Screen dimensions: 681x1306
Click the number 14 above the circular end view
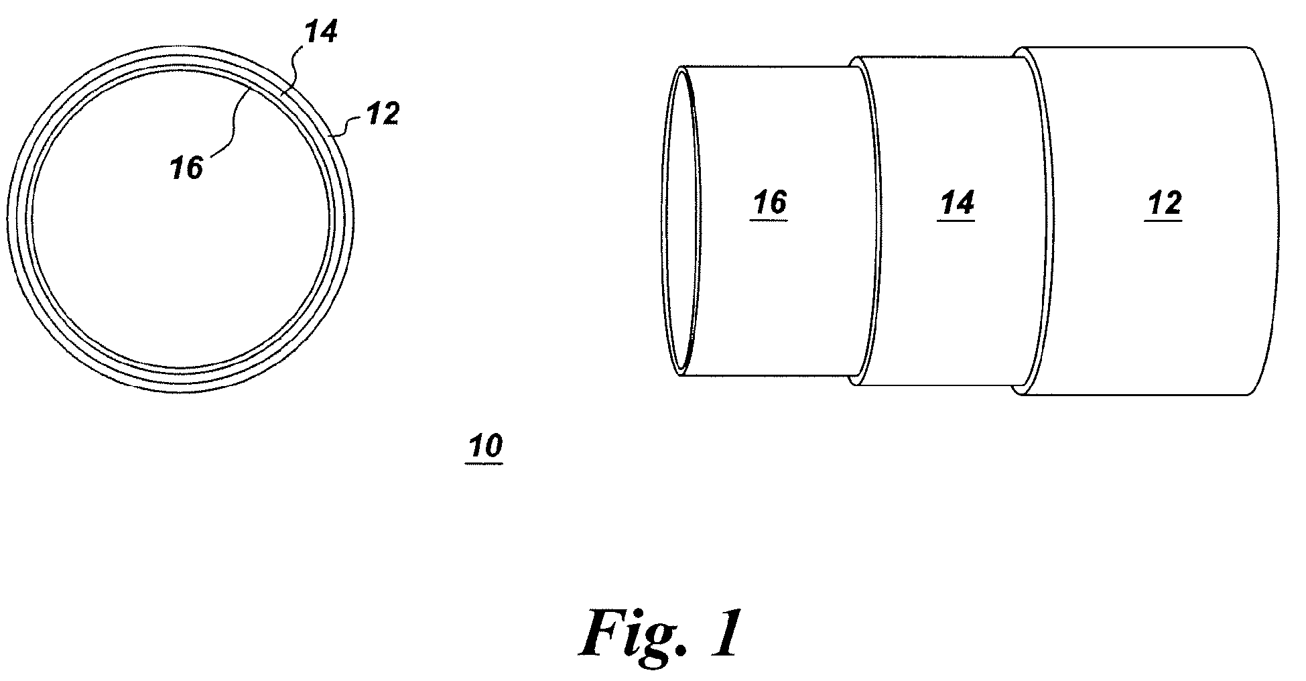point(320,32)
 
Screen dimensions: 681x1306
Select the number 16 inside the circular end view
point(186,168)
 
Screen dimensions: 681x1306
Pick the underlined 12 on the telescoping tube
point(1163,203)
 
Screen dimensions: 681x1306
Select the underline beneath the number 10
point(484,464)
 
